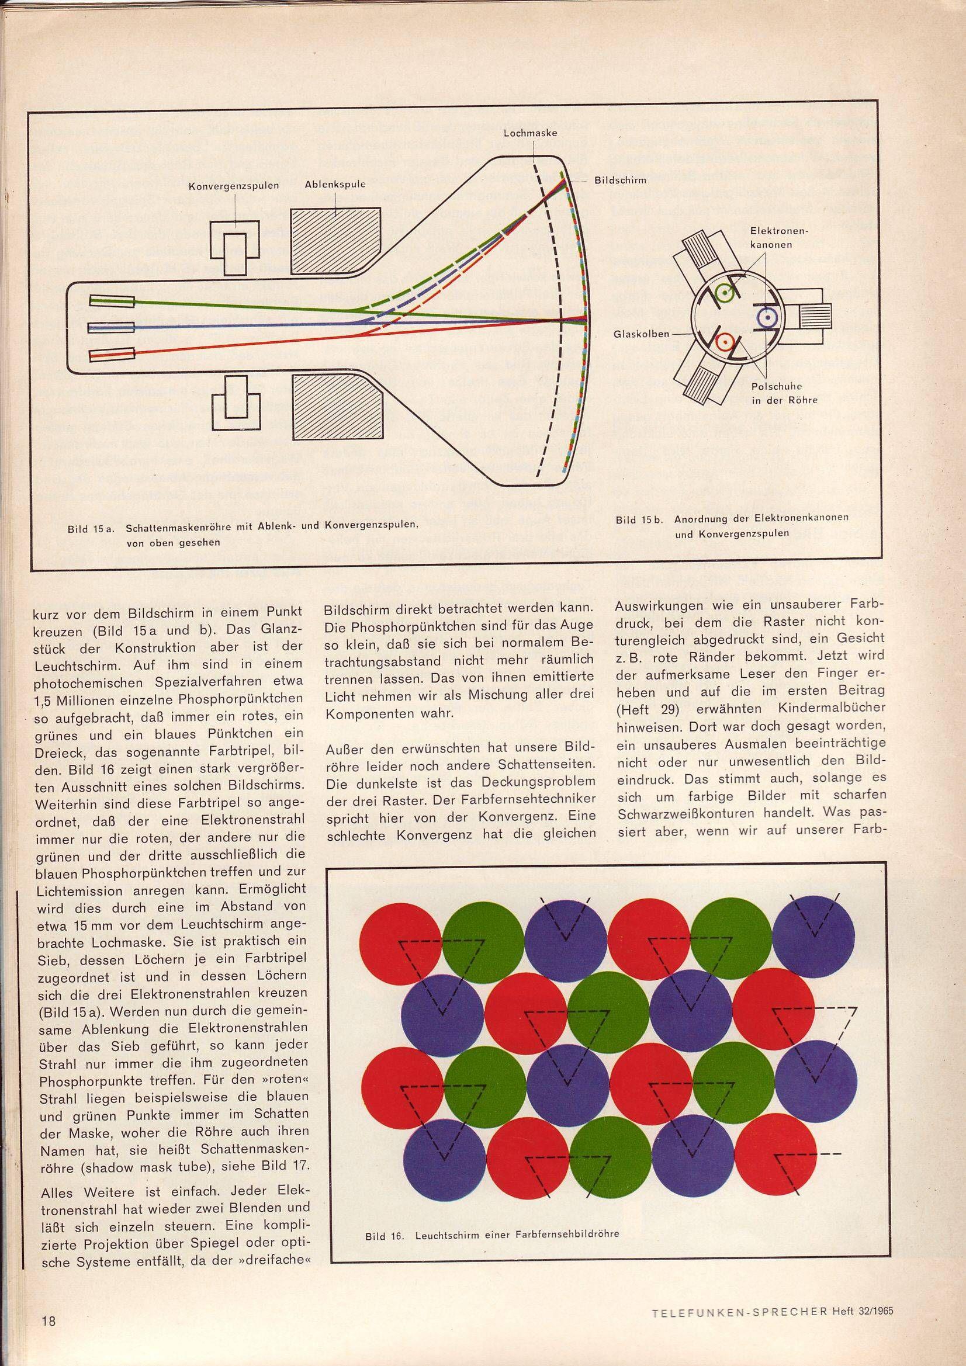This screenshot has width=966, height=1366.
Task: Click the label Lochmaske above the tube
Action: [x=529, y=133]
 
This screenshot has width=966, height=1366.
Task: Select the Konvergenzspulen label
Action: [x=234, y=185]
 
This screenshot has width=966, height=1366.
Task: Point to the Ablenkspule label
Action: [x=335, y=185]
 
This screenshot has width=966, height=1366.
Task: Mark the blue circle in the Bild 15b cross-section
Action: [x=767, y=318]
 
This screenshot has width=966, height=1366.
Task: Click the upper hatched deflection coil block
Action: [x=335, y=241]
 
